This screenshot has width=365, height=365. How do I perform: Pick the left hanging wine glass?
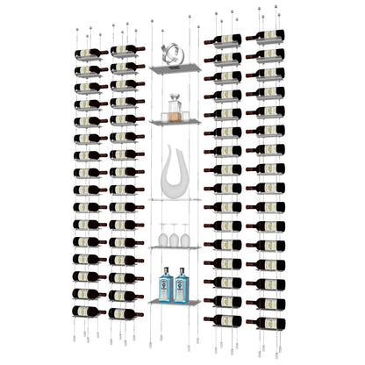click(162, 235)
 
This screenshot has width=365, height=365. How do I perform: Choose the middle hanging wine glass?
click(174, 235)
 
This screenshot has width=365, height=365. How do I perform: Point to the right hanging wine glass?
click(185, 235)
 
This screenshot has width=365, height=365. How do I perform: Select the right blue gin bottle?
click(182, 286)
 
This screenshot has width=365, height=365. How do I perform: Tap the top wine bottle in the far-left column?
click(90, 54)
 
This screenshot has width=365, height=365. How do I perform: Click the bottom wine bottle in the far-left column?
click(89, 311)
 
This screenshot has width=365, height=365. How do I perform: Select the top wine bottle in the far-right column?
click(265, 36)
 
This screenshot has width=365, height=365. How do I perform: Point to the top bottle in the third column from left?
click(224, 39)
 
